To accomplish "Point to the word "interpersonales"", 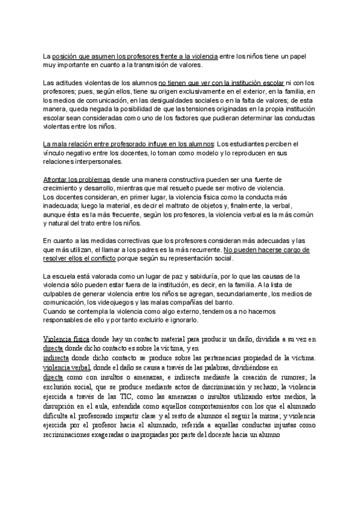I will click(x=99, y=162).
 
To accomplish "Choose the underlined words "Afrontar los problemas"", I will click(x=77, y=179).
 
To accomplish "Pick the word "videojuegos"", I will click(x=127, y=303).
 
